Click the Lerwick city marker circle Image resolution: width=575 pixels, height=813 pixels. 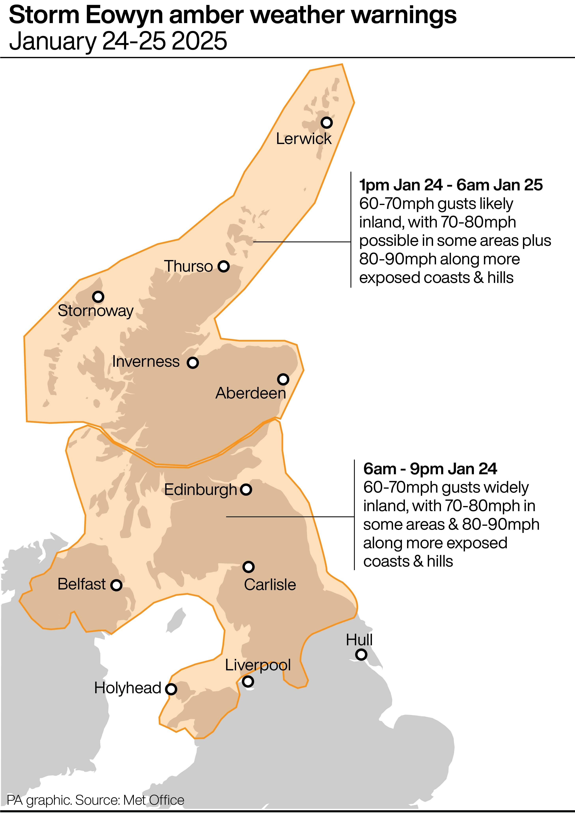(x=326, y=123)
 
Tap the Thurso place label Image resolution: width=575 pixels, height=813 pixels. (x=188, y=266)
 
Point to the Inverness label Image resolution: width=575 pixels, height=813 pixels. (x=146, y=361)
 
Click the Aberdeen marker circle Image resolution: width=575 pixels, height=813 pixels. (x=283, y=379)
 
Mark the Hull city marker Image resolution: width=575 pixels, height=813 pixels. (x=361, y=654)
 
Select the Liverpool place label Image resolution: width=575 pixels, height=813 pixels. (x=258, y=665)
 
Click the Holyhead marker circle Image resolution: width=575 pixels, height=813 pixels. (x=171, y=689)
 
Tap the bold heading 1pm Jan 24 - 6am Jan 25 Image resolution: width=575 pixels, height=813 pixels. (x=451, y=185)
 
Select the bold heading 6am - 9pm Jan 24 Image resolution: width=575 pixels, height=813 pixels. (x=430, y=469)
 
